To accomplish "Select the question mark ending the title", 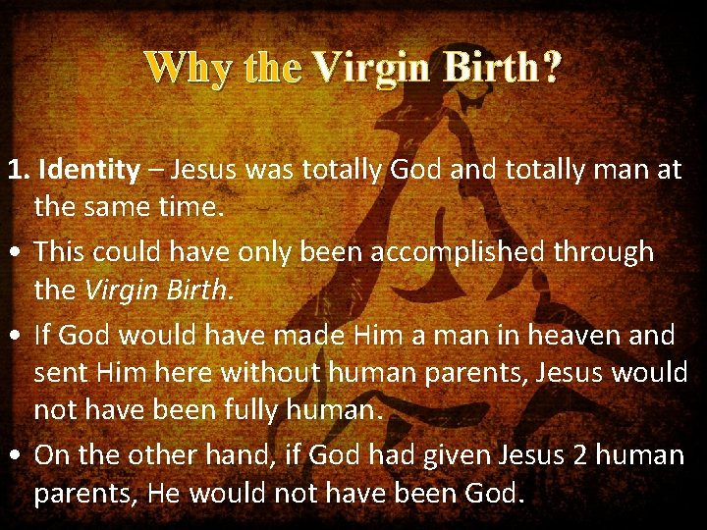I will point(552,68).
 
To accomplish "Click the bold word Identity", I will point(88,170).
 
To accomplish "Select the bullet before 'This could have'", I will point(17,253).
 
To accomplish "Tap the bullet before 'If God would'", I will point(17,336).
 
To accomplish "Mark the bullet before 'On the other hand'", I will point(17,456).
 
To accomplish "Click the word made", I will point(303,336).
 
